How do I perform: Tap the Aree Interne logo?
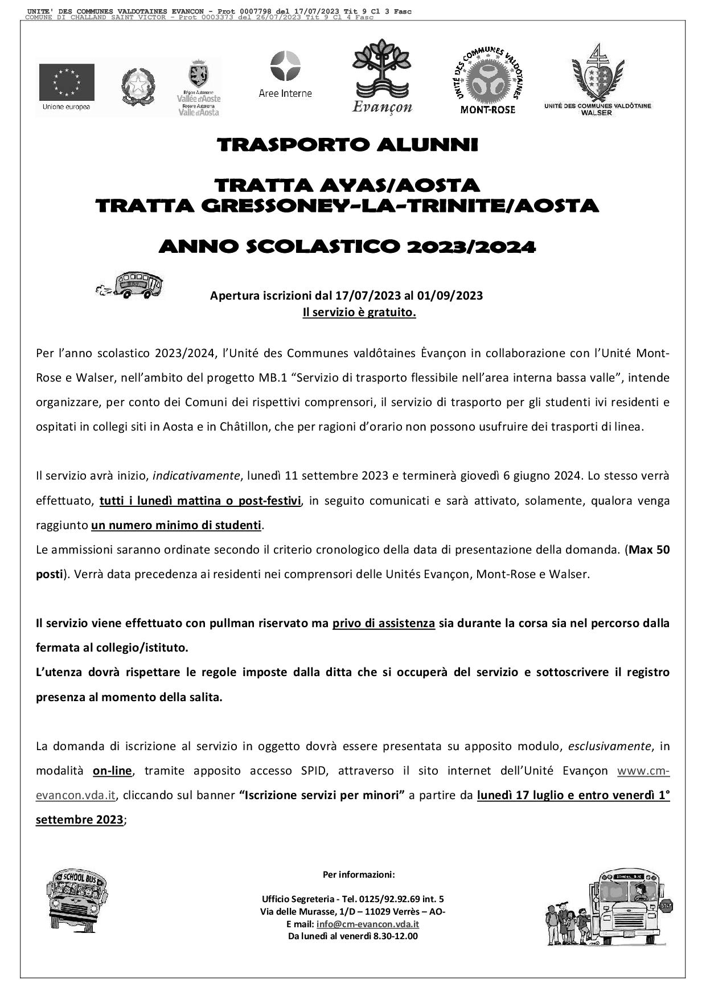[285, 74]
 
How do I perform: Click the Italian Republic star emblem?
[138, 87]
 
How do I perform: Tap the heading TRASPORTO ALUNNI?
[347, 145]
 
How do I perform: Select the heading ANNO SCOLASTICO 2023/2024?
[347, 247]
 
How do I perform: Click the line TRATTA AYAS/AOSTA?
[347, 186]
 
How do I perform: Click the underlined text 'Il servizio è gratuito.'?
[359, 313]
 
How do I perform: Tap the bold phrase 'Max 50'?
[649, 550]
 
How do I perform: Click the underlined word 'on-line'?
[112, 771]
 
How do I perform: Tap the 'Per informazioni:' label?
[359, 874]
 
